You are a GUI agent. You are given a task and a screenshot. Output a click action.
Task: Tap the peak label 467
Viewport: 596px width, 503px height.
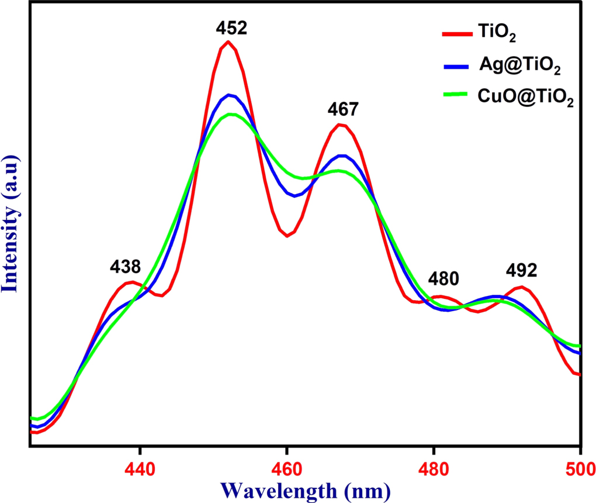tap(342, 109)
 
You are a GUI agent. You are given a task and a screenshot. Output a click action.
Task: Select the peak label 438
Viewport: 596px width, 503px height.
tap(125, 267)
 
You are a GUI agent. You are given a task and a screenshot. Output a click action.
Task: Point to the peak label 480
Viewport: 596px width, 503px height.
tap(443, 278)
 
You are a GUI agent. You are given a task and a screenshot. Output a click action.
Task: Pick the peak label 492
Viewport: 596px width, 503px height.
tap(521, 271)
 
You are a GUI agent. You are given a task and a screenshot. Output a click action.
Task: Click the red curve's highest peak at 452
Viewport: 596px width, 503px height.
tap(228, 42)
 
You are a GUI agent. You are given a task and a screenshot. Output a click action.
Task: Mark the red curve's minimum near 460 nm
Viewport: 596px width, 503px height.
tap(287, 236)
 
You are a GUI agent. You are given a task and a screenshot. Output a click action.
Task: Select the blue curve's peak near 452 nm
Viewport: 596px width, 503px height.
tap(229, 95)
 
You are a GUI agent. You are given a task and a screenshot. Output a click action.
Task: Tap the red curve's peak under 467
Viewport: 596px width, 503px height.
tap(342, 125)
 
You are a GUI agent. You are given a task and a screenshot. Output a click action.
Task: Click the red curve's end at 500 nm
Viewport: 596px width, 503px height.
tap(579, 374)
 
